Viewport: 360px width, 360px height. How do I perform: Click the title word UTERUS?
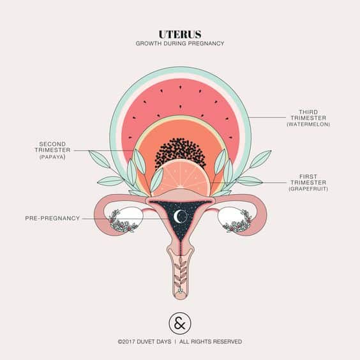click(x=180, y=34)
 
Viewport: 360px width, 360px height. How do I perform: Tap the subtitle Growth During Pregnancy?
click(x=180, y=43)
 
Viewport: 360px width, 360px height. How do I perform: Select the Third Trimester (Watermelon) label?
click(x=308, y=118)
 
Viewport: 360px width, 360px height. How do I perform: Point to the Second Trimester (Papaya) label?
click(x=52, y=151)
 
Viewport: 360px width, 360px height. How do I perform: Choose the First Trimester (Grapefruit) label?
click(x=308, y=183)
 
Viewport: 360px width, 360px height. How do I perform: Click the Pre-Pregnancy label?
click(x=52, y=218)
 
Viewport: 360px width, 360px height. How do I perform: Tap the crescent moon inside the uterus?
click(x=177, y=216)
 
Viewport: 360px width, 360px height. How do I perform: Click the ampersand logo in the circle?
click(x=180, y=323)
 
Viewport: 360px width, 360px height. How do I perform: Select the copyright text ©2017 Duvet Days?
click(x=144, y=341)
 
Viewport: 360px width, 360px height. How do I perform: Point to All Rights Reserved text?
click(x=211, y=341)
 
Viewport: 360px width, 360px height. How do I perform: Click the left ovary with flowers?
click(x=124, y=220)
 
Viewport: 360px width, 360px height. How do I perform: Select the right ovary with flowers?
click(x=235, y=220)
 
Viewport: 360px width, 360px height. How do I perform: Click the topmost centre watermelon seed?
click(x=180, y=87)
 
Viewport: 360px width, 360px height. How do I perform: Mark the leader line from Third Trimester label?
click(x=267, y=117)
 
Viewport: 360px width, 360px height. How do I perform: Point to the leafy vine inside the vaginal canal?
click(x=181, y=273)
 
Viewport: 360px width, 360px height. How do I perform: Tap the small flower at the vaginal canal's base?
click(x=181, y=291)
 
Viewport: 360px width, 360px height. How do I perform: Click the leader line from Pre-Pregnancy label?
click(x=125, y=219)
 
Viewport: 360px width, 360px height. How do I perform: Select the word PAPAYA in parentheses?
click(x=52, y=157)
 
